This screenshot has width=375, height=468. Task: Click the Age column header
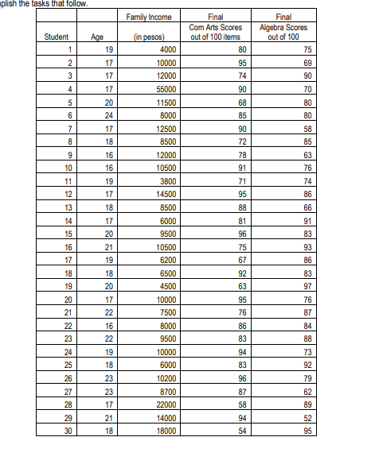pos(98,36)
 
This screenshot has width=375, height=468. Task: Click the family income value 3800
pos(157,182)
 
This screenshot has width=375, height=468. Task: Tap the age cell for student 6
pos(98,113)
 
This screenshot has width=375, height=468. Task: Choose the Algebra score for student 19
pos(306,284)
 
